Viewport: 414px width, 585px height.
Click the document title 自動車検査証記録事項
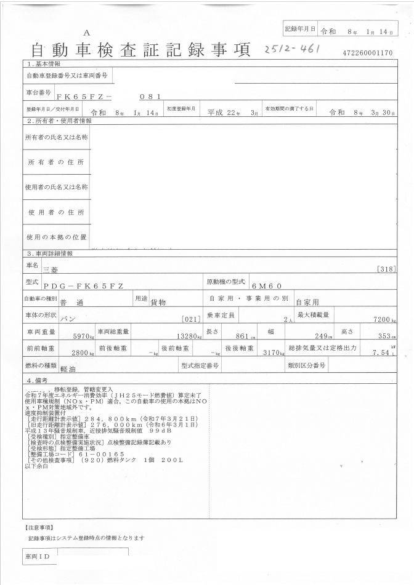140,51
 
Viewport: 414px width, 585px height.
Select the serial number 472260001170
368,53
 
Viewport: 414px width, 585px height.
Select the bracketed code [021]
192,319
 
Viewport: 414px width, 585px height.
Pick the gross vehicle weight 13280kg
189,336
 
